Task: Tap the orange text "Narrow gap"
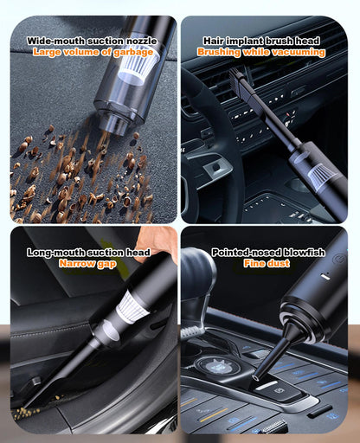click(x=87, y=264)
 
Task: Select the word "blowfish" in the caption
click(x=305, y=253)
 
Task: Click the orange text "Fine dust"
click(x=267, y=263)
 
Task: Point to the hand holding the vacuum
click(x=157, y=242)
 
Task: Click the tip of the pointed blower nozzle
click(x=254, y=377)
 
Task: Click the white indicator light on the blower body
click(x=325, y=277)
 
